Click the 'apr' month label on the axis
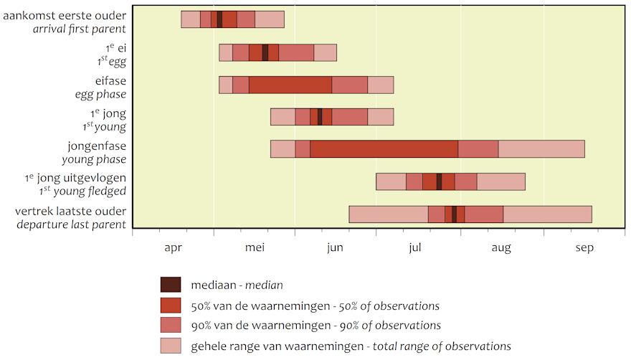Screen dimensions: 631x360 173,247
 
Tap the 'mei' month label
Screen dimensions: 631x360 255,247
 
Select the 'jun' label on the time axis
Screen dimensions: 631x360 335,247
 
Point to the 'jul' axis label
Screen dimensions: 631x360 415,247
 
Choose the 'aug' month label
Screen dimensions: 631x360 501,248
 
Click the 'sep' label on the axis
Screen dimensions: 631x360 584,248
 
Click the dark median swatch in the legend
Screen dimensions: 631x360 171,284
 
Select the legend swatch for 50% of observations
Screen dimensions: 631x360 171,305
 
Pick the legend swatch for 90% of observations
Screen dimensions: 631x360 171,325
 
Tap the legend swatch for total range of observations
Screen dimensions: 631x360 171,346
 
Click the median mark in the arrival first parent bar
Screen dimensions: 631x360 219,19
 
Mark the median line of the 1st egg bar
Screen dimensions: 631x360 265,53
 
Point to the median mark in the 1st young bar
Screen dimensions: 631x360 320,117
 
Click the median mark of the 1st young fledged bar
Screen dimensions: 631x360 439,181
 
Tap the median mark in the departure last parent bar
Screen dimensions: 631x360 455,214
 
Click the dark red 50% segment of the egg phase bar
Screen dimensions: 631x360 290,85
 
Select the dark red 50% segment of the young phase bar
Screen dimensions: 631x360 384,149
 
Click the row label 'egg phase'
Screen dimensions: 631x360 100,95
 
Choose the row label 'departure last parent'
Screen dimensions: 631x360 71,224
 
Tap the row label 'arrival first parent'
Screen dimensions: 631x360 80,29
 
